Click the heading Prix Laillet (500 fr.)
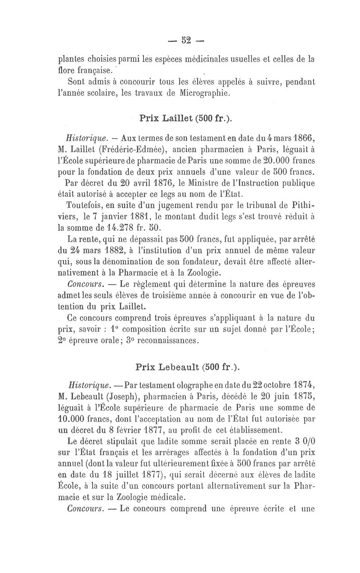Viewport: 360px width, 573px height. point(186,118)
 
